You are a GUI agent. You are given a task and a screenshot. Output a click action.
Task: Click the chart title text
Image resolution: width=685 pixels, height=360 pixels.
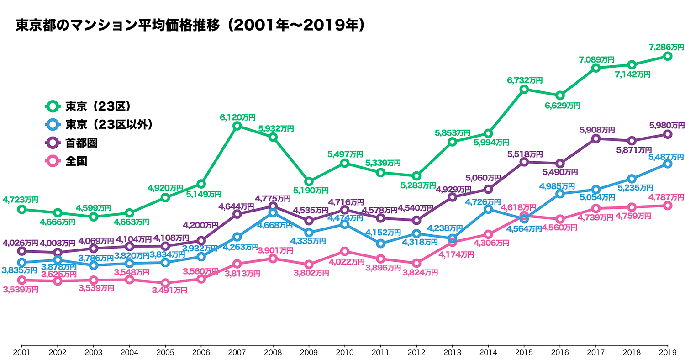190,25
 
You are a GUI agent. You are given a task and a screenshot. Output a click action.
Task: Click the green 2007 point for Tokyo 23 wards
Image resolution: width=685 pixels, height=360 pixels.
237,126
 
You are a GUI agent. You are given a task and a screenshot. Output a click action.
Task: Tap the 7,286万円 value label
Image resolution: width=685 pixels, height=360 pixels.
667,47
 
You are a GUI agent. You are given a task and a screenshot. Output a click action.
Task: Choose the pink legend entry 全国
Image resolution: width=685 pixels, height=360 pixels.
76,161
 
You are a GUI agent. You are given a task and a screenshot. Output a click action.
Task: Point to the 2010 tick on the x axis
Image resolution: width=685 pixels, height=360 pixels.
345,352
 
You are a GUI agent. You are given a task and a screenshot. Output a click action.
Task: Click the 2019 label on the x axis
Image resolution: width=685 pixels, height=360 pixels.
668,352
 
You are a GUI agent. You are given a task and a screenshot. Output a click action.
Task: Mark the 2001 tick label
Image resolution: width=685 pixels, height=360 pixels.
21,352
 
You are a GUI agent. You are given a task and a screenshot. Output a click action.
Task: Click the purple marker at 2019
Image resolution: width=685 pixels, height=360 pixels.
668,134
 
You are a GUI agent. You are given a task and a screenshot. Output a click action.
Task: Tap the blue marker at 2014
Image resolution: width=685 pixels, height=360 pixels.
488,209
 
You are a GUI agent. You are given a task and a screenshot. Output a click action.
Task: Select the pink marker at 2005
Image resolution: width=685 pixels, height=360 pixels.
165,283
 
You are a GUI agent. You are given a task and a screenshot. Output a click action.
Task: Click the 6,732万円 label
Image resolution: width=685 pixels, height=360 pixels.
524,80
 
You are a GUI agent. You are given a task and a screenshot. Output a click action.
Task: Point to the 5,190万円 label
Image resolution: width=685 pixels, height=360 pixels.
311,190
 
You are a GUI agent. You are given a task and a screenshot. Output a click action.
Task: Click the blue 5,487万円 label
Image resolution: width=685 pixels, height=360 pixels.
666,157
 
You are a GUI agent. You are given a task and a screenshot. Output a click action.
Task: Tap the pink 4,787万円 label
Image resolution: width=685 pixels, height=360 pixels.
666,197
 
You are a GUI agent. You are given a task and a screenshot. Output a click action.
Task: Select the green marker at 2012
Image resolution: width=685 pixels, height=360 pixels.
416,176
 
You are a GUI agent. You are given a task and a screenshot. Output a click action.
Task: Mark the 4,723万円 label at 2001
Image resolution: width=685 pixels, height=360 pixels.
21,200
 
